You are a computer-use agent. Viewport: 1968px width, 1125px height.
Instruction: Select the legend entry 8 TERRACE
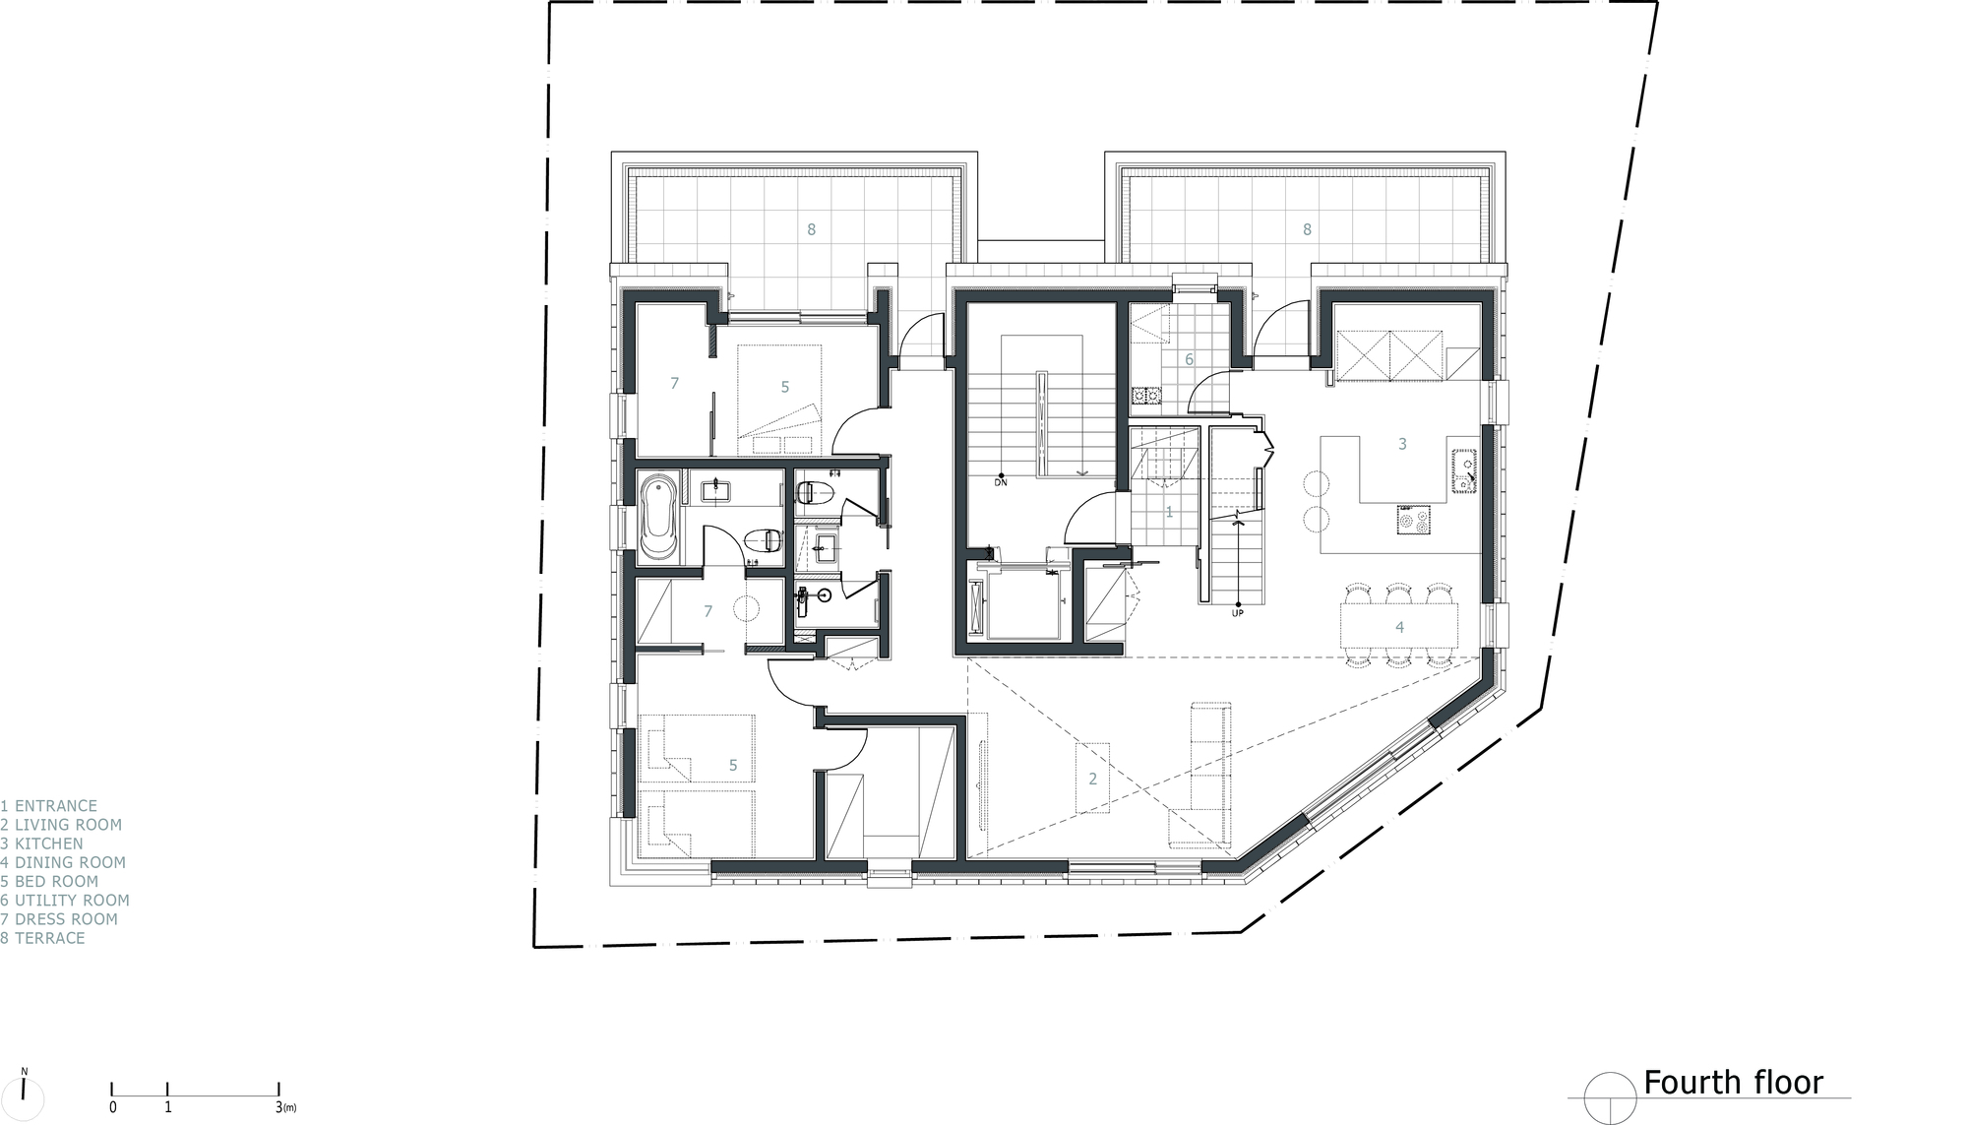pyautogui.click(x=43, y=938)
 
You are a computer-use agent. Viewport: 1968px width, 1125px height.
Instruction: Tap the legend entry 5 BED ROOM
pyautogui.click(x=50, y=881)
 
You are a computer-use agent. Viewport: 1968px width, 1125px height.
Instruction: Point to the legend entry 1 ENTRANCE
pyautogui.click(x=49, y=806)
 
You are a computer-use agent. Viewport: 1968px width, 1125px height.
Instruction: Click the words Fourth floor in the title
pyautogui.click(x=1733, y=1083)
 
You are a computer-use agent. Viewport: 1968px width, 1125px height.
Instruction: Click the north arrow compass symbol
pyautogui.click(x=24, y=1092)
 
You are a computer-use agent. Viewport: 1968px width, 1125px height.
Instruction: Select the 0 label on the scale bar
pyautogui.click(x=112, y=1107)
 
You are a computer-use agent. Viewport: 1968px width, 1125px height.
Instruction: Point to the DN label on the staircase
pyautogui.click(x=1000, y=482)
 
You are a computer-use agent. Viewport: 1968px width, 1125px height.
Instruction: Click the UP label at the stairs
pyautogui.click(x=1237, y=613)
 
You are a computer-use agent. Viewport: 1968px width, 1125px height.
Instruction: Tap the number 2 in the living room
pyautogui.click(x=1092, y=779)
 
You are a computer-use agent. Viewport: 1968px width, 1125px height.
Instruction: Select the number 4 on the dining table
pyautogui.click(x=1398, y=627)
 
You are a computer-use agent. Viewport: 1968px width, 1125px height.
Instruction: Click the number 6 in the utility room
pyautogui.click(x=1189, y=360)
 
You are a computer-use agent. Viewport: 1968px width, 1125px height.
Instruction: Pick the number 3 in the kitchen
pyautogui.click(x=1402, y=444)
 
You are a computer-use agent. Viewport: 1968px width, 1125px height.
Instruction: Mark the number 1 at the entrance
pyautogui.click(x=1169, y=512)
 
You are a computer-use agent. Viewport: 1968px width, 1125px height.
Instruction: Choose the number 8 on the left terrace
pyautogui.click(x=811, y=229)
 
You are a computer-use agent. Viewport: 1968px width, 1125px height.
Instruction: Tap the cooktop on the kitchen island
pyautogui.click(x=1414, y=519)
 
